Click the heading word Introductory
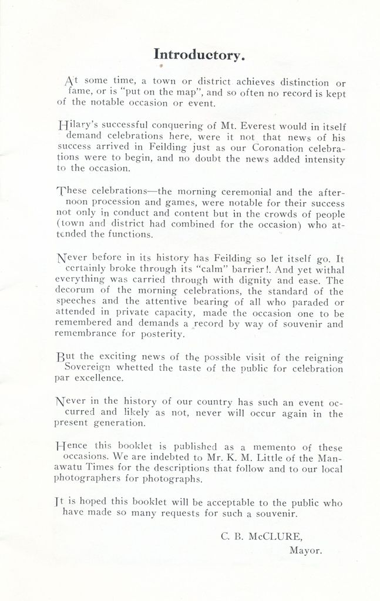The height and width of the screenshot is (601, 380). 199,55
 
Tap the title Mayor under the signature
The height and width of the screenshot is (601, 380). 305,551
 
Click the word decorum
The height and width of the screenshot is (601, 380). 76,291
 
